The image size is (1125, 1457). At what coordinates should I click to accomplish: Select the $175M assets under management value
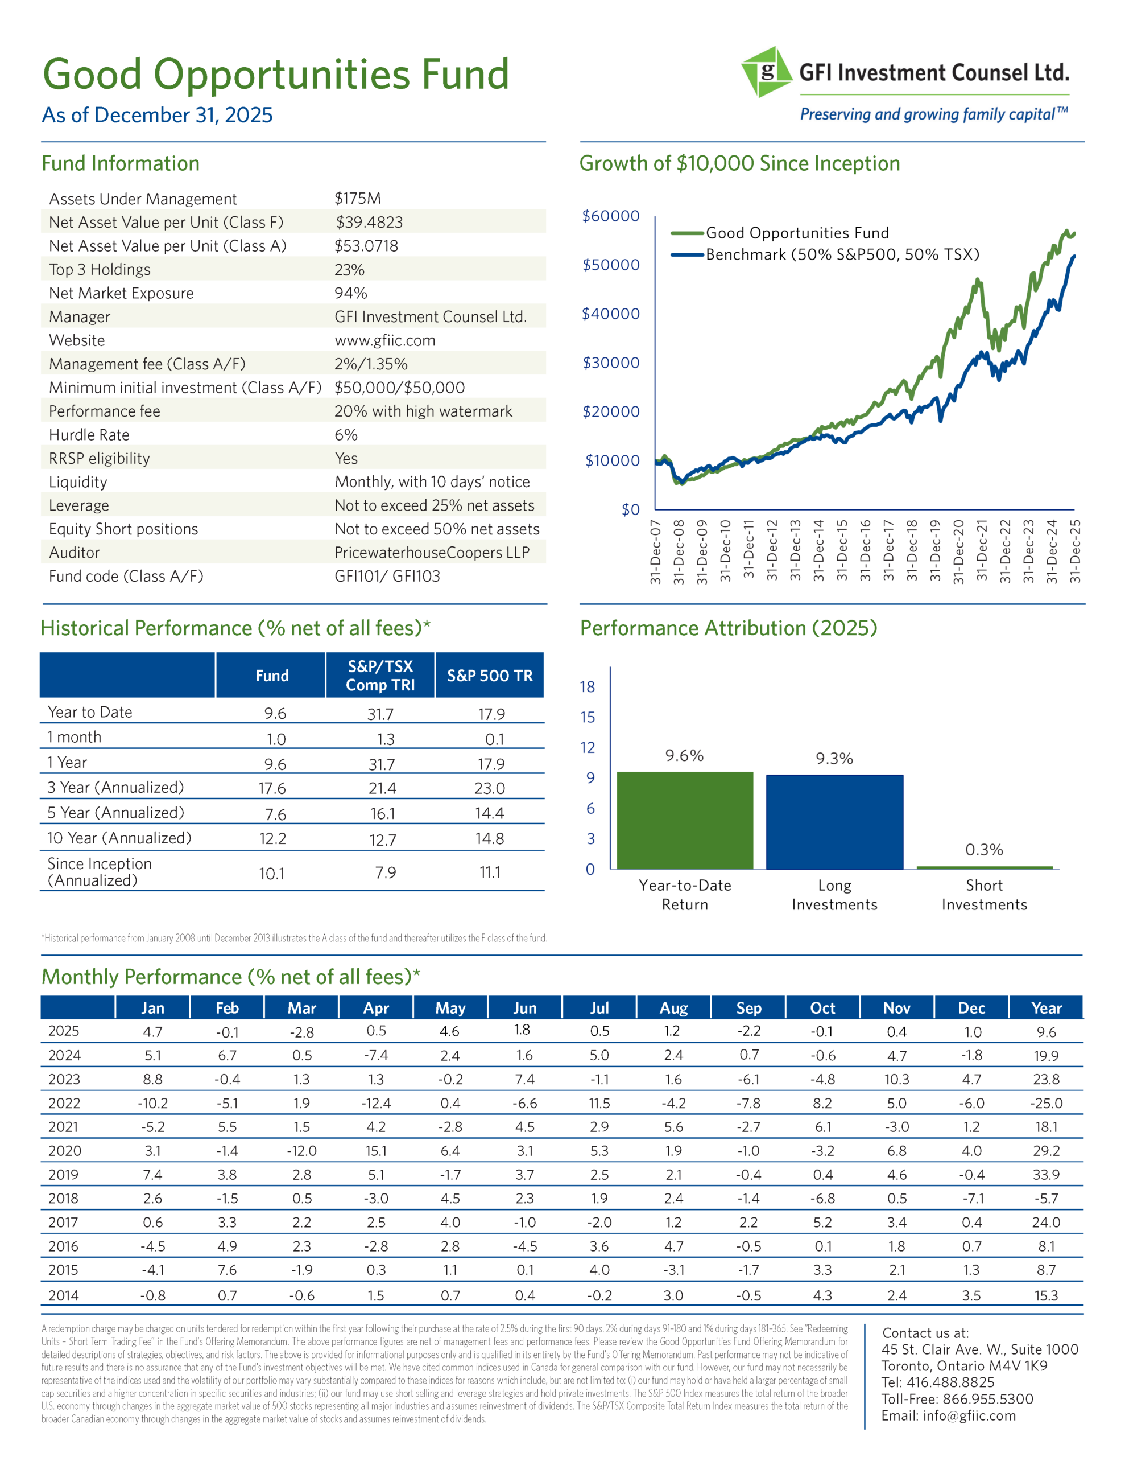point(357,198)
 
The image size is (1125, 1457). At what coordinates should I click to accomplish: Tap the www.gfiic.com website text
point(385,340)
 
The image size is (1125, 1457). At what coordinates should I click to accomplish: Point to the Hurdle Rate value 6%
point(346,435)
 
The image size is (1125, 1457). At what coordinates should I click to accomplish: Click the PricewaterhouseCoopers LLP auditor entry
point(432,553)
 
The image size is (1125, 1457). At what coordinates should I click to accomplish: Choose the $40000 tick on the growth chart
point(610,314)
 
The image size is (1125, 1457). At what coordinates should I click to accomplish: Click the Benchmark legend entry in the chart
point(842,254)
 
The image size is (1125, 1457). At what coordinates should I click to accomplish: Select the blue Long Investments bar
point(834,821)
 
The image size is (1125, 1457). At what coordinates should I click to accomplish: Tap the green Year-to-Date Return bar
point(685,820)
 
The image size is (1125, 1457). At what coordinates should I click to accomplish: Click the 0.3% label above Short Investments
point(983,849)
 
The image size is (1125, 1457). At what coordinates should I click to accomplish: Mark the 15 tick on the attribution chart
point(588,717)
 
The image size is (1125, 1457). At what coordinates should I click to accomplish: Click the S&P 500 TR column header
point(490,676)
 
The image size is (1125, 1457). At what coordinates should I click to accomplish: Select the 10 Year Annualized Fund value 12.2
point(272,838)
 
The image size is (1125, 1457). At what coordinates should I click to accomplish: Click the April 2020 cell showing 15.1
point(375,1151)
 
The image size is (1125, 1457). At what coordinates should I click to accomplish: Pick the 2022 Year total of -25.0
point(1045,1104)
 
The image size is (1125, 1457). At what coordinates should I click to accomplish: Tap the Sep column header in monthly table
point(748,1008)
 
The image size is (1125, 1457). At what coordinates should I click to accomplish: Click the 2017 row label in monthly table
point(63,1222)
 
